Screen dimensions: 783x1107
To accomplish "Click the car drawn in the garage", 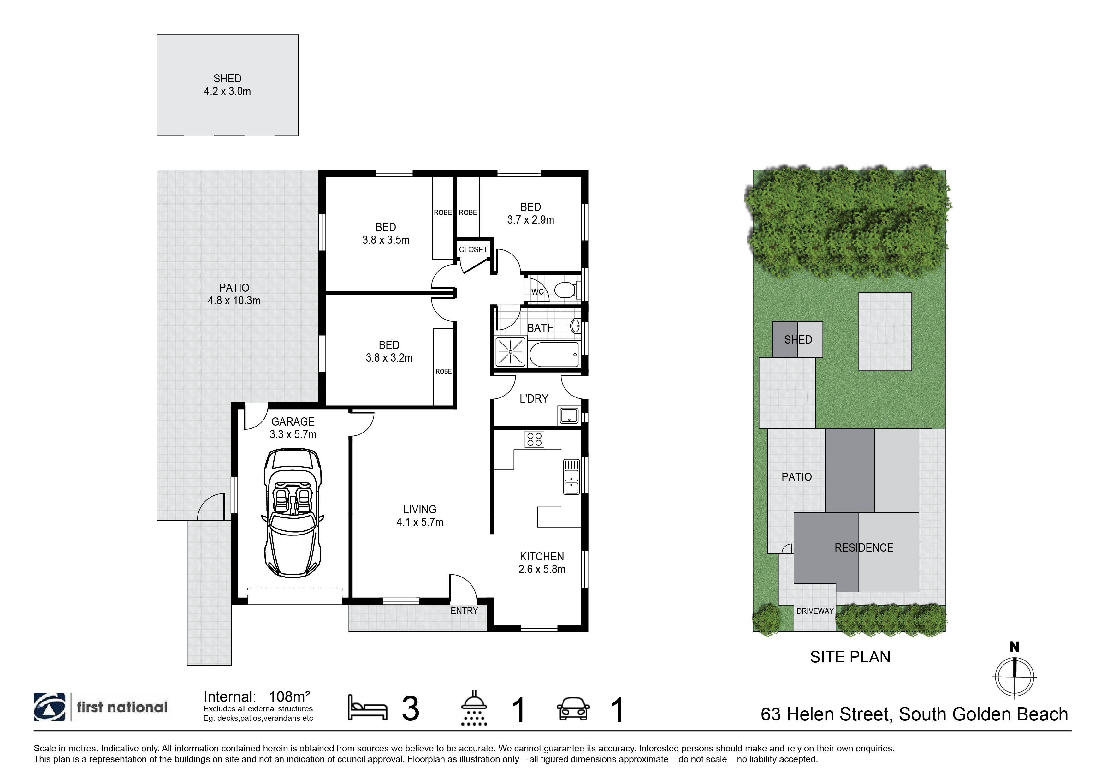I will pyautogui.click(x=292, y=512).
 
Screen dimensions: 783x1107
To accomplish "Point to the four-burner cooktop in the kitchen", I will pyautogui.click(x=534, y=439).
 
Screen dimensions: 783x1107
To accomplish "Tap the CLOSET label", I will pyautogui.click(x=473, y=249).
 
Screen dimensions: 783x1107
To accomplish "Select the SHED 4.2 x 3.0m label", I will pyautogui.click(x=227, y=85).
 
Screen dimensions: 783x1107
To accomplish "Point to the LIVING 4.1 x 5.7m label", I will pyautogui.click(x=419, y=516).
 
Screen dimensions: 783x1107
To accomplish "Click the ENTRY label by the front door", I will pyautogui.click(x=464, y=610).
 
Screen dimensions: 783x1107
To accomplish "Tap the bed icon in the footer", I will pyautogui.click(x=367, y=708).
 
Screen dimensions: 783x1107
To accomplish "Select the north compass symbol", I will pyautogui.click(x=1015, y=675).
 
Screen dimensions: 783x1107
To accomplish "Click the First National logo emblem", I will pyautogui.click(x=49, y=707).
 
